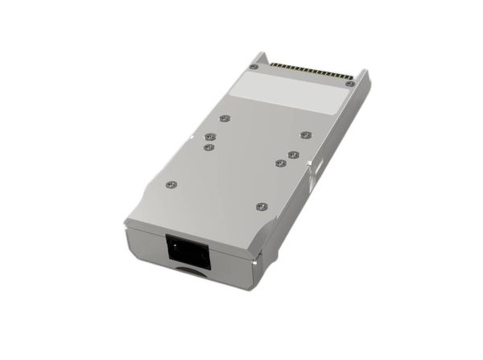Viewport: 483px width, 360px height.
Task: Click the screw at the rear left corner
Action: coord(254,67)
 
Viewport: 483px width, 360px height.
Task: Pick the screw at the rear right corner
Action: coord(349,83)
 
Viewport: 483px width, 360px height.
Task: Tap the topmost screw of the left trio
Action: coord(224,118)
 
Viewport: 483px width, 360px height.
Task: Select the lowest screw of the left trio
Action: coord(208,147)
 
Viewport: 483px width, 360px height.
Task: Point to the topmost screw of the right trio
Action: coord(305,134)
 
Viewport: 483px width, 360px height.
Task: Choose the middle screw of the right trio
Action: coord(294,152)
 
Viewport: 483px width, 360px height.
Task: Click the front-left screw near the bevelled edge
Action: coord(170,184)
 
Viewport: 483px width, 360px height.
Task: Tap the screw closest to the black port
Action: coord(260,206)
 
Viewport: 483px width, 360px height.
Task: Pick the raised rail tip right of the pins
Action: coord(365,74)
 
